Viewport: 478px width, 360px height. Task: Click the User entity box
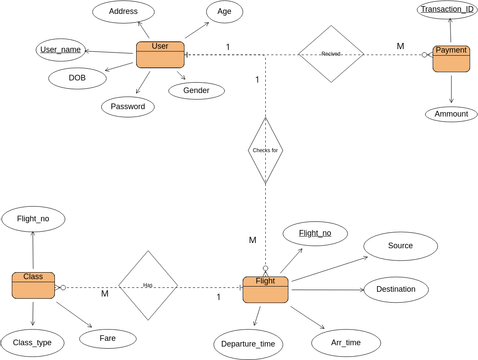point(160,54)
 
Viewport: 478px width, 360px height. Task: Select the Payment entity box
point(451,57)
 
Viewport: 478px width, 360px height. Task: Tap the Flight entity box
point(265,289)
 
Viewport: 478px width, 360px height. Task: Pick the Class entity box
point(33,284)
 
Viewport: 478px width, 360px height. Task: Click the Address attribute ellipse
point(124,13)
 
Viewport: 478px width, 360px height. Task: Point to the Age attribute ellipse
point(224,13)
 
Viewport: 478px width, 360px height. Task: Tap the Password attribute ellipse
point(128,106)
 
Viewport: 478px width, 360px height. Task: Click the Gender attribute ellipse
point(196,90)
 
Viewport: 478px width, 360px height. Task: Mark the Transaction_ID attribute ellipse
point(446,10)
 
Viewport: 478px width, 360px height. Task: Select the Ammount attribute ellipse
point(452,114)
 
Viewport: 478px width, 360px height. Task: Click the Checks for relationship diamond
point(265,151)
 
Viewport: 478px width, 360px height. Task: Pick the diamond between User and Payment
point(331,54)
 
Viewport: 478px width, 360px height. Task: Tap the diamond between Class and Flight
point(147,285)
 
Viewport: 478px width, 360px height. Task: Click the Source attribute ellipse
point(400,245)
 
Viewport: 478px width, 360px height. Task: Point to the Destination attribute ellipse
point(396,290)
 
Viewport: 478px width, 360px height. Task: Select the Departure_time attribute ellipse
point(246,343)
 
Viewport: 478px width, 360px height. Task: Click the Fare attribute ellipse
point(110,338)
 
